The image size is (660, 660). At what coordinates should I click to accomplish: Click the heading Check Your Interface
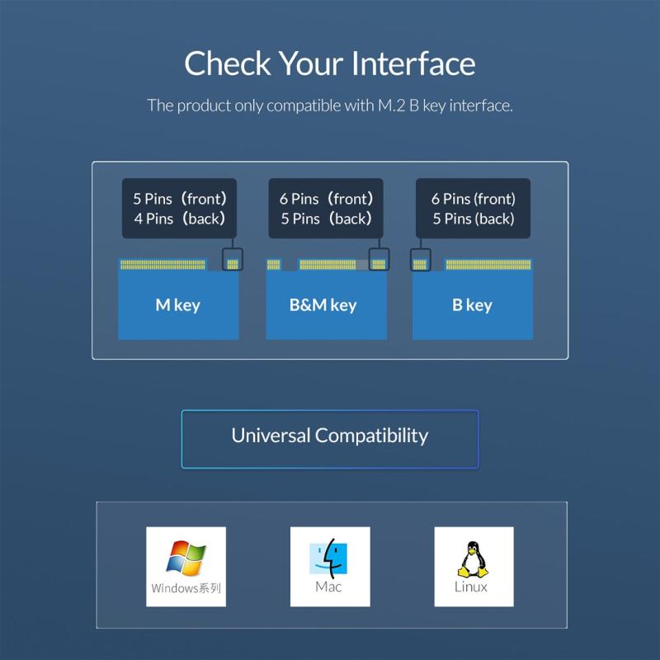pyautogui.click(x=329, y=64)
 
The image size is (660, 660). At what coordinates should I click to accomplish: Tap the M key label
pyautogui.click(x=178, y=305)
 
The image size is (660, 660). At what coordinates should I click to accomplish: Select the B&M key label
pyautogui.click(x=323, y=305)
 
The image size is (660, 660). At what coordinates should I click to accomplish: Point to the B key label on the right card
pyautogui.click(x=472, y=305)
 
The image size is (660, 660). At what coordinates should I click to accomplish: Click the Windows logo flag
pyautogui.click(x=186, y=558)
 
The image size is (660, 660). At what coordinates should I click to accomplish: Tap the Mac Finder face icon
pyautogui.click(x=328, y=559)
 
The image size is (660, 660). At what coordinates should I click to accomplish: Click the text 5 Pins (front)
pyautogui.click(x=179, y=199)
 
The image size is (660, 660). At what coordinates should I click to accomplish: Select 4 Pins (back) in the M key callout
pyautogui.click(x=179, y=219)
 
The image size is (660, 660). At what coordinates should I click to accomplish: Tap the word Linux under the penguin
pyautogui.click(x=471, y=587)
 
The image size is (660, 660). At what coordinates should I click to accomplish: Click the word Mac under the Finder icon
pyautogui.click(x=328, y=587)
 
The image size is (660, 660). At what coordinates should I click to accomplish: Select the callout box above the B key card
pyautogui.click(x=473, y=209)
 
